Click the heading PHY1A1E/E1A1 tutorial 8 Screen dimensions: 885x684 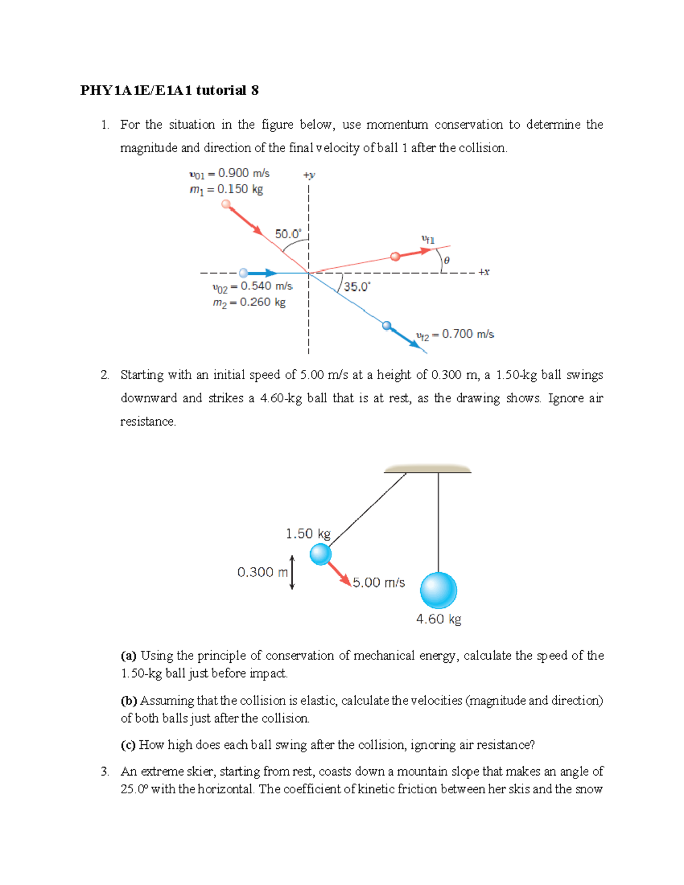coord(169,91)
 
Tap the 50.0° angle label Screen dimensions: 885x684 coord(288,234)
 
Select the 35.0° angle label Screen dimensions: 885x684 coord(357,287)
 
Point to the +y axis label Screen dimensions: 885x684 coord(309,175)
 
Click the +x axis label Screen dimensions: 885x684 coord(483,272)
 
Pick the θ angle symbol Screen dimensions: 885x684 coord(446,260)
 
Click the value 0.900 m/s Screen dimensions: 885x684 coord(243,173)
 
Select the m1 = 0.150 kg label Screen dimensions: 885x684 coord(226,189)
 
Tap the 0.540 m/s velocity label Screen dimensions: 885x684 coord(266,286)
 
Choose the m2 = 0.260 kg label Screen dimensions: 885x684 coord(249,303)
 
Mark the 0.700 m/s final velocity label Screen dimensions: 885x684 coord(467,334)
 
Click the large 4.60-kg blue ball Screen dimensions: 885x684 coord(438,590)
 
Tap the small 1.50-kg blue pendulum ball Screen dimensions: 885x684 coord(320,554)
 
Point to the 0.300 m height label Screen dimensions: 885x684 coord(263,572)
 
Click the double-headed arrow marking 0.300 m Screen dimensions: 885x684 coord(292,572)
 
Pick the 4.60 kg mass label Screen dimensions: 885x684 coord(438,619)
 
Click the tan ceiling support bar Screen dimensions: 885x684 coord(427,469)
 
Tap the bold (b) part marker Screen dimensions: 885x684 coord(129,700)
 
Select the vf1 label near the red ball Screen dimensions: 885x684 coord(427,240)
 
